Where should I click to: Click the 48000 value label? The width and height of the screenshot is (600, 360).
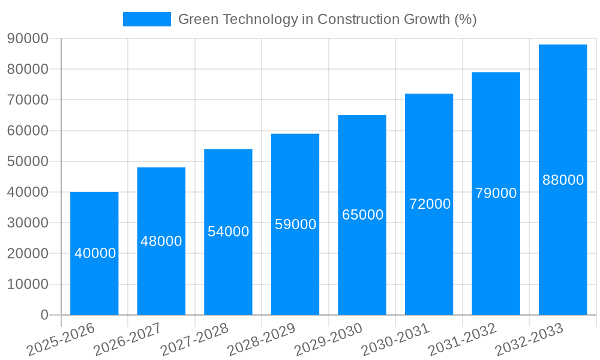(x=161, y=241)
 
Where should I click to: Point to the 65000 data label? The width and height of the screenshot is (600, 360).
(x=362, y=215)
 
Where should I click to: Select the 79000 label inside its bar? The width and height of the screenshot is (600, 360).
(x=496, y=193)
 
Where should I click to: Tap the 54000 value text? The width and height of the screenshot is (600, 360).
(x=228, y=232)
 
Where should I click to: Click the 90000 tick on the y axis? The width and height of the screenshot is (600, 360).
(x=28, y=38)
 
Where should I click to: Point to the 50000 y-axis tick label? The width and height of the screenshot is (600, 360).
(x=28, y=161)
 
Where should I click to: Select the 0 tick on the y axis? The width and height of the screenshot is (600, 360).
(x=44, y=315)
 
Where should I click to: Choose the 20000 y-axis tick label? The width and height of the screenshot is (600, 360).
(x=28, y=253)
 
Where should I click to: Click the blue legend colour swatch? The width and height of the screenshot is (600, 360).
(x=147, y=19)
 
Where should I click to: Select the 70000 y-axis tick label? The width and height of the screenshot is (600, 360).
(x=28, y=100)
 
